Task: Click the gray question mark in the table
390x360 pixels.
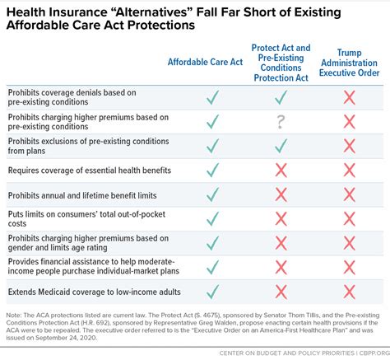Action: (281, 122)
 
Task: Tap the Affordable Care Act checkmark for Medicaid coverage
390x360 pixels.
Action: (213, 292)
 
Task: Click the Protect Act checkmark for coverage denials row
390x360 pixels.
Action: (281, 97)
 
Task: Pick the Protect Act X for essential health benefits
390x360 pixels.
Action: (281, 171)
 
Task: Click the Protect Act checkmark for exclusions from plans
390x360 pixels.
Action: (281, 146)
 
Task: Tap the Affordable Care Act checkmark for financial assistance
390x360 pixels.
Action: (213, 267)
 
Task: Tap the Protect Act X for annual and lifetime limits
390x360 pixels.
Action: (281, 195)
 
